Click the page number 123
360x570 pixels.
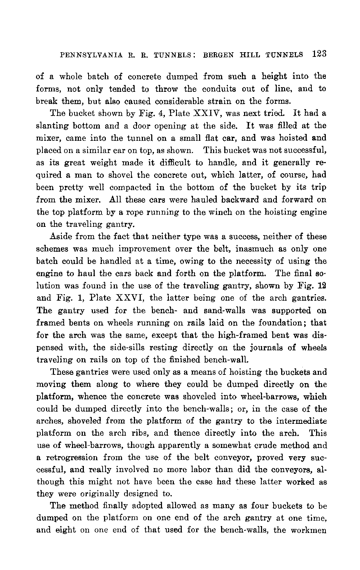click(x=319, y=54)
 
